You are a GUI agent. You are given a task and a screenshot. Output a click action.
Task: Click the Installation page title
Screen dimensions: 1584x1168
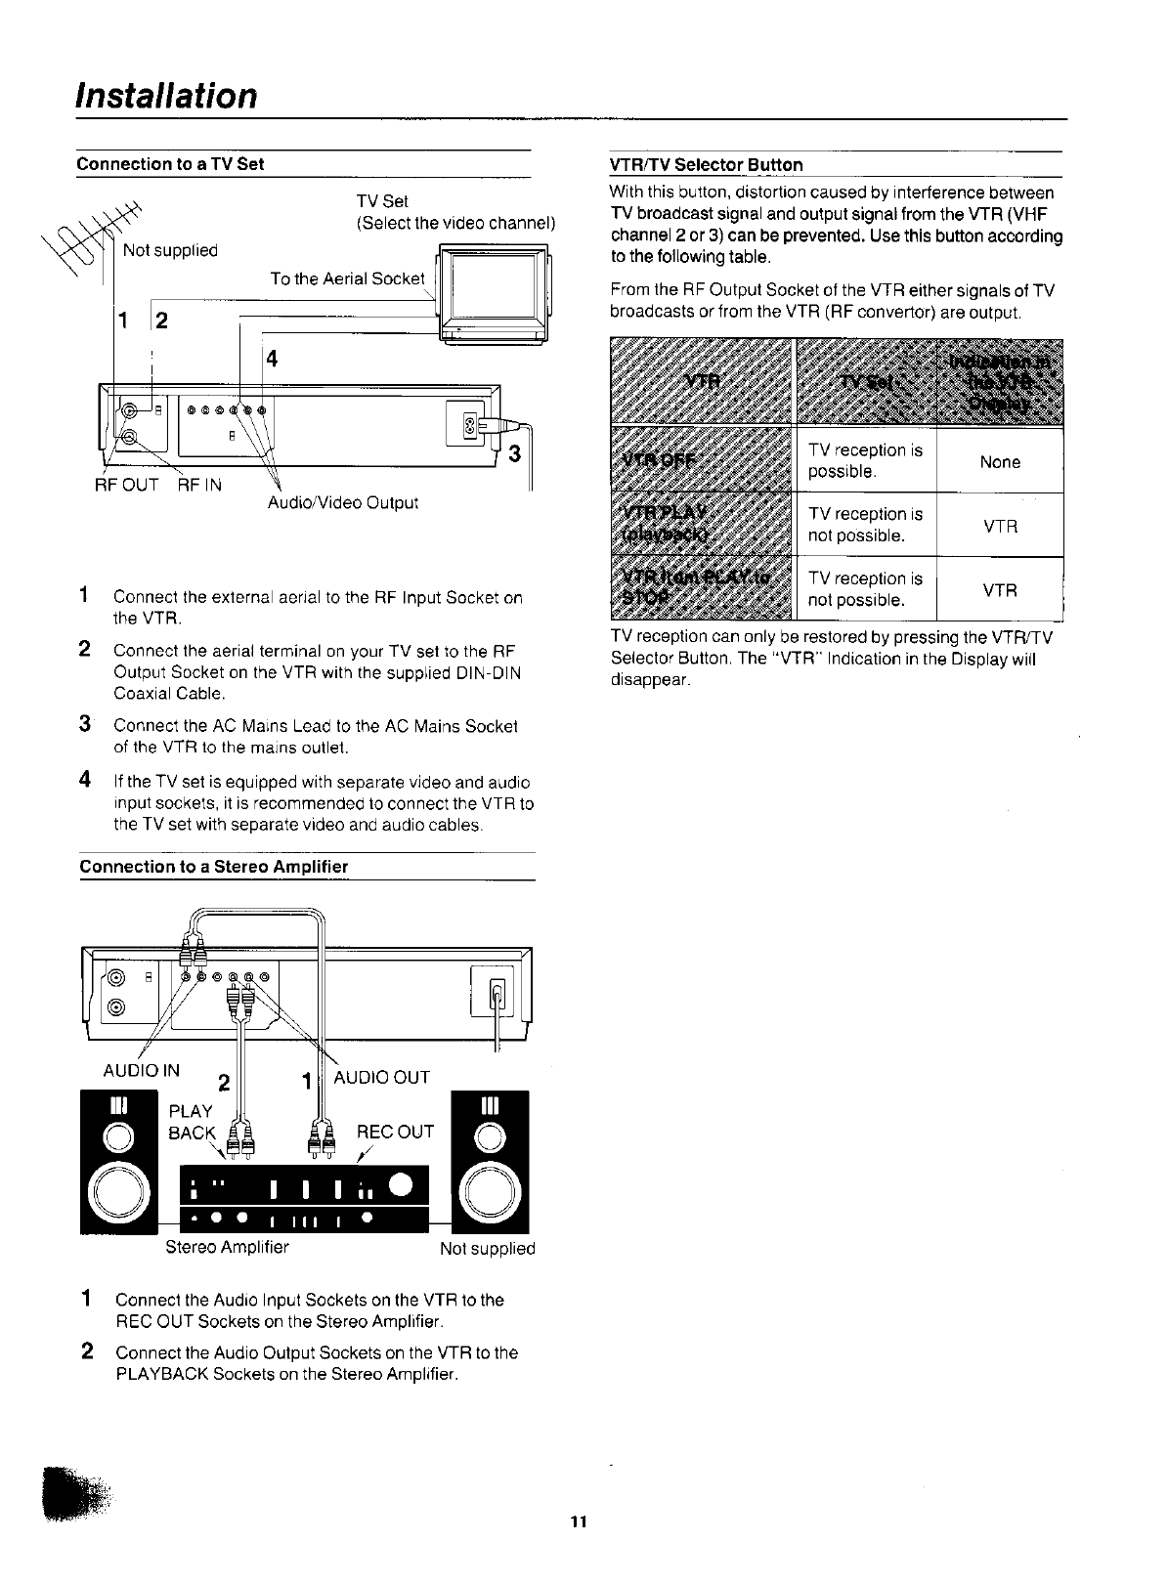pos(167,96)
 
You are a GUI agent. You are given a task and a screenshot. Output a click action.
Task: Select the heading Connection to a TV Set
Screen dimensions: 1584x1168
pos(170,164)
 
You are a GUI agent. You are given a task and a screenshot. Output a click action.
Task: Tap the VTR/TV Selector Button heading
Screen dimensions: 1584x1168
pos(706,164)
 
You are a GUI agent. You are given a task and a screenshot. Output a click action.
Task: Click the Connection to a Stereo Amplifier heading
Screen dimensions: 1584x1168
pos(213,867)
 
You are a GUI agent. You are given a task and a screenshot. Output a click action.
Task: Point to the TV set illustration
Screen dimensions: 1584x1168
pos(494,296)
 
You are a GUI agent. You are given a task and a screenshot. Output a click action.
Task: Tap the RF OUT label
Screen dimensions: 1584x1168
pos(126,485)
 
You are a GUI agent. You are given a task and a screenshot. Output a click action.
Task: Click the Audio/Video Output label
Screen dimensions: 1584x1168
pos(343,503)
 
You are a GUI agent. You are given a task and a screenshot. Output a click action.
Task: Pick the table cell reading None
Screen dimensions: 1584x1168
pos(1000,462)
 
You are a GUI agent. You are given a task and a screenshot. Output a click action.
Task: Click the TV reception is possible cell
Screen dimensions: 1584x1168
pos(865,460)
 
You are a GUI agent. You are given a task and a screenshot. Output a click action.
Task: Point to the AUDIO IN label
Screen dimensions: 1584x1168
pos(142,1070)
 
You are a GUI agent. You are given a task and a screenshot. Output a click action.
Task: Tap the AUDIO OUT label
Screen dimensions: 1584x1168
pos(382,1077)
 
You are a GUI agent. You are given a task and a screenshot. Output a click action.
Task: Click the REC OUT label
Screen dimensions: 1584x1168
pos(395,1132)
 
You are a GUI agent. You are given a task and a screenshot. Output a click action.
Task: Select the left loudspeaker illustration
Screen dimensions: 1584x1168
pos(118,1162)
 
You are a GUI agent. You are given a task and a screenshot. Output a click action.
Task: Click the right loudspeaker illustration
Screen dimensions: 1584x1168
pos(490,1162)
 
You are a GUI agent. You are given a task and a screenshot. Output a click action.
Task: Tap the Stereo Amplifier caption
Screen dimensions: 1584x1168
pos(227,1247)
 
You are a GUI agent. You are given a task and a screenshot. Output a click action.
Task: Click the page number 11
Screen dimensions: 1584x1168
pos(579,1521)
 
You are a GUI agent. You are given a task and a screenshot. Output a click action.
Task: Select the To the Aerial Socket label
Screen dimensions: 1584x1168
pos(347,279)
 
